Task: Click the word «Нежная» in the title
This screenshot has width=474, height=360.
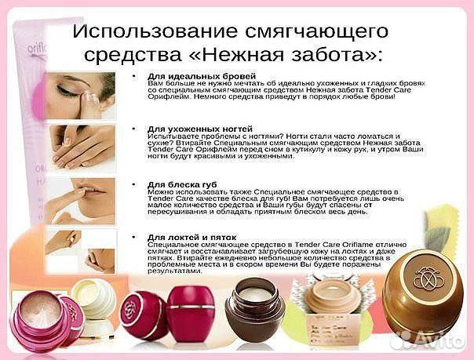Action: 251,57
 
